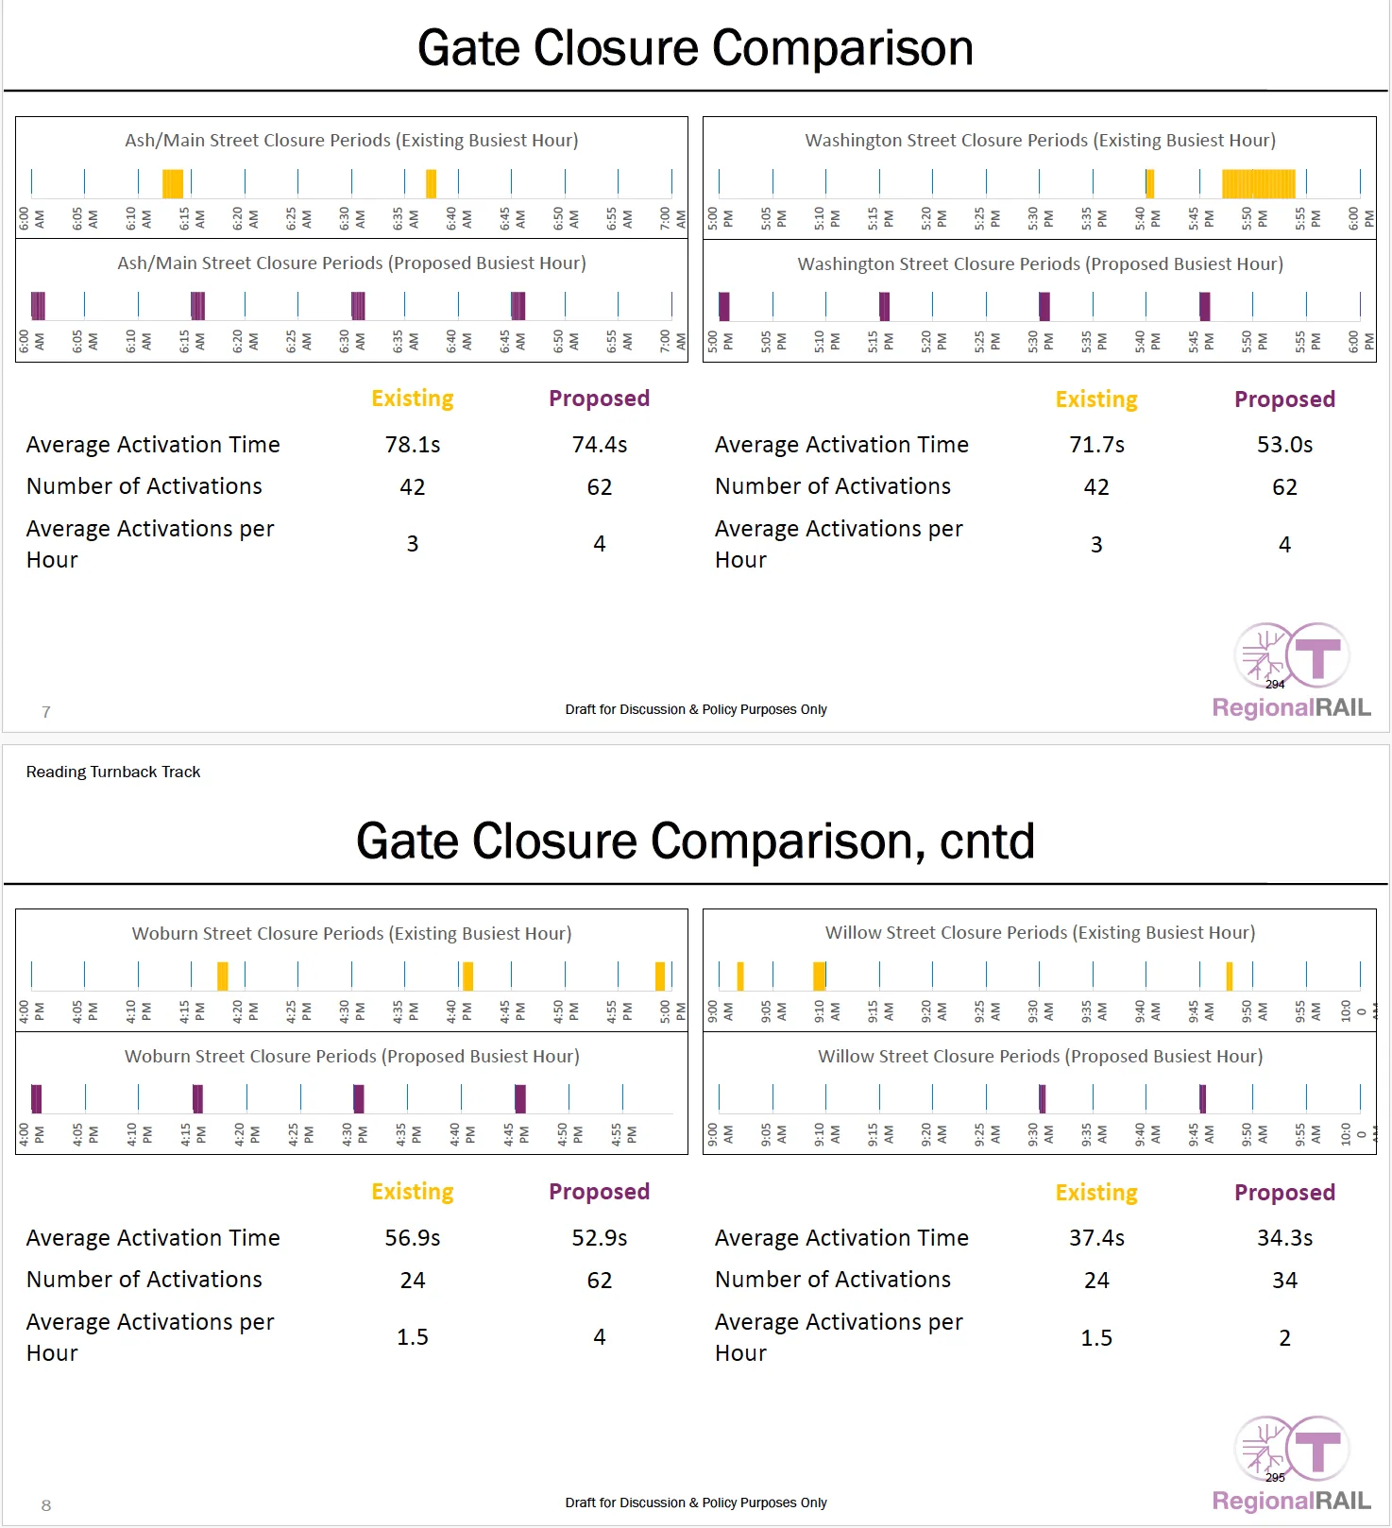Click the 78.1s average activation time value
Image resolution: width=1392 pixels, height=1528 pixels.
point(413,445)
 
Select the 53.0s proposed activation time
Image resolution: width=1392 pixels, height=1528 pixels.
point(1284,445)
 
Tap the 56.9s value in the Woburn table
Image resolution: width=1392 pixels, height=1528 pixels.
point(413,1238)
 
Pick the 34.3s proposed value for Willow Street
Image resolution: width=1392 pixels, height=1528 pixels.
point(1284,1238)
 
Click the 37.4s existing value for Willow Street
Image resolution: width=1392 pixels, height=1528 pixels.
point(1096,1238)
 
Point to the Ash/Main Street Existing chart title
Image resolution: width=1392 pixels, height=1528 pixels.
point(351,141)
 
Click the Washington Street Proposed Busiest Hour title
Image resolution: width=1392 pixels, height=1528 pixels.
point(1040,264)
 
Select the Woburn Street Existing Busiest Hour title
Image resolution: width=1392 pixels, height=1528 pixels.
point(351,934)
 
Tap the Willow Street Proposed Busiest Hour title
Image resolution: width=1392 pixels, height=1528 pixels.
point(1040,1057)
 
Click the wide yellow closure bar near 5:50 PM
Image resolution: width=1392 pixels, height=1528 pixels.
point(1258,183)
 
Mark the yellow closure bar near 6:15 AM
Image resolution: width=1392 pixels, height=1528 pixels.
point(173,183)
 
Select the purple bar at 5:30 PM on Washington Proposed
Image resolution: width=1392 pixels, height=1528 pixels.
point(1044,306)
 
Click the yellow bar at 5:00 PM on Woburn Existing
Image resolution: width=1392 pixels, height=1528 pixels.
point(660,976)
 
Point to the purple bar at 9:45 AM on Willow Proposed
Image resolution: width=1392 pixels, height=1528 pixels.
point(1202,1098)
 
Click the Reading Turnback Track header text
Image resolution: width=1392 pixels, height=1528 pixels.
point(113,772)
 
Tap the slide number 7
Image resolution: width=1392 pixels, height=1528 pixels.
point(46,712)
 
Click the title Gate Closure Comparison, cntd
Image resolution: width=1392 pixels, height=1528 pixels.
point(695,841)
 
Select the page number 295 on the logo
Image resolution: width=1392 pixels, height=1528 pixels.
point(1275,1477)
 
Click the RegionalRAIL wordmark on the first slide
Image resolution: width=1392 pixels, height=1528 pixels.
point(1291,707)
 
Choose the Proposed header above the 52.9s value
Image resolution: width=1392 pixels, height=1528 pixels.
point(599,1192)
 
